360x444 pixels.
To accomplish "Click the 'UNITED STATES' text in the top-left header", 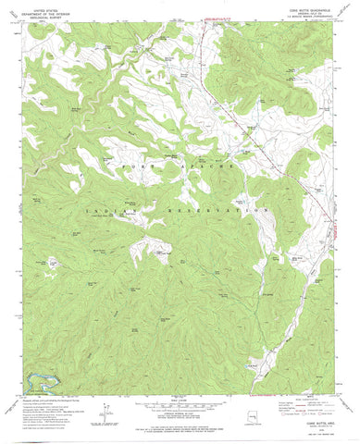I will pos(46,6).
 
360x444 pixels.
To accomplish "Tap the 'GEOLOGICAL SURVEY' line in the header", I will pos(46,15).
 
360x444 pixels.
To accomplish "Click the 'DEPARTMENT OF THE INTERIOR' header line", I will pos(46,10).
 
